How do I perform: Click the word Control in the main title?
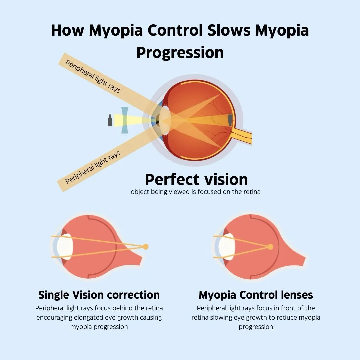click(x=175, y=31)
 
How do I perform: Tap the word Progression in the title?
click(x=180, y=53)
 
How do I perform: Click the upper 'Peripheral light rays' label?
click(x=93, y=77)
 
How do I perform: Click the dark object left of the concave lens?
click(x=110, y=120)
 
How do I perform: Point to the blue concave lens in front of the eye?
click(x=125, y=120)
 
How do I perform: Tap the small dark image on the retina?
click(x=230, y=120)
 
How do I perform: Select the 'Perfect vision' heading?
click(x=196, y=179)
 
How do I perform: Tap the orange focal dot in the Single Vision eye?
click(x=145, y=247)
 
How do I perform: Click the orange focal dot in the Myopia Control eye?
click(x=270, y=247)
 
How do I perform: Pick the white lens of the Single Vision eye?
click(x=65, y=247)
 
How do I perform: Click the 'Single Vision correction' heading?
click(x=99, y=295)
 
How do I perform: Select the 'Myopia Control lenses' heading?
click(x=256, y=295)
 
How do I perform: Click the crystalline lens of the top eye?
click(x=165, y=120)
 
